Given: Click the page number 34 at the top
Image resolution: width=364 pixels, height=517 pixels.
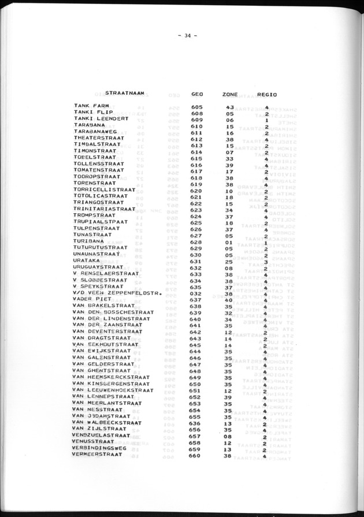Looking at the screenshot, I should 188,35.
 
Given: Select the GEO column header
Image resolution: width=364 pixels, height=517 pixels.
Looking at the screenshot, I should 196,94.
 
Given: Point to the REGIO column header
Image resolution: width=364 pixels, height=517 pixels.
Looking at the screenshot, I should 266,94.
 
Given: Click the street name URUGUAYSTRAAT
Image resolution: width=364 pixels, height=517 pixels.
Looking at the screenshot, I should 99,267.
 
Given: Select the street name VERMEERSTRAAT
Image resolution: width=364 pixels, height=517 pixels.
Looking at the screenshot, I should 97,455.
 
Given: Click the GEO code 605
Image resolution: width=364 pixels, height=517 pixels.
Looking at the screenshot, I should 196,107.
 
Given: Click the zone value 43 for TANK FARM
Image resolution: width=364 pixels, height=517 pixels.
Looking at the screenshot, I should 229,107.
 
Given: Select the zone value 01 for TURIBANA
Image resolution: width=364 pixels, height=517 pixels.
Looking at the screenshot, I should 229,242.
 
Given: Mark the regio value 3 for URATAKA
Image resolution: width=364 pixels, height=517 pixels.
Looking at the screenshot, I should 265,261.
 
